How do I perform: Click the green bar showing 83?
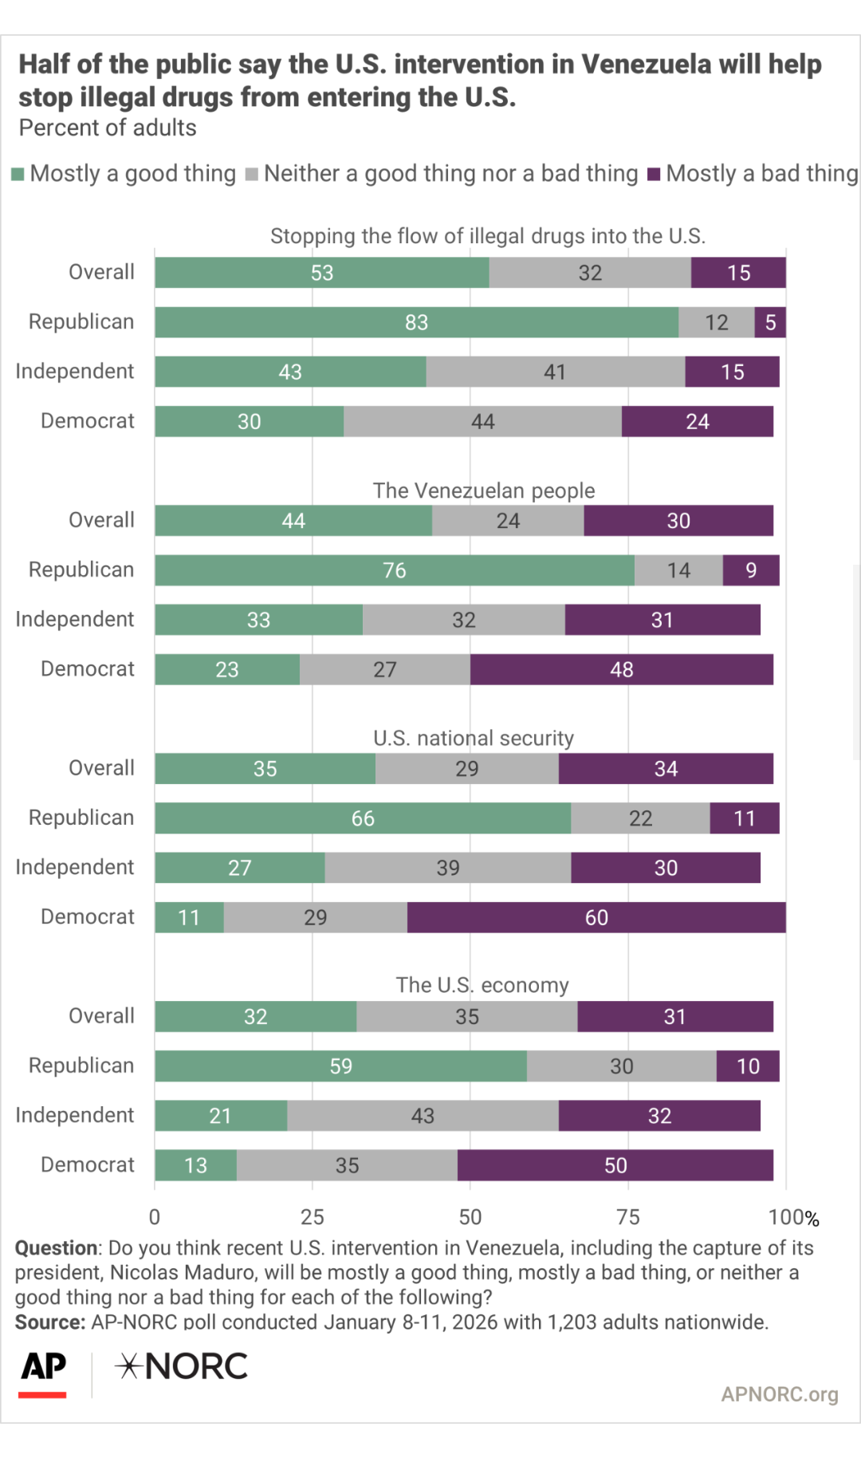point(416,322)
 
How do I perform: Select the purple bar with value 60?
point(596,917)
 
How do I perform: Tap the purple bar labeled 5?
point(770,322)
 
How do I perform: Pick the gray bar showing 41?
point(555,372)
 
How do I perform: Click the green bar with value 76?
point(395,570)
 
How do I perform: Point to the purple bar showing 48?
point(621,669)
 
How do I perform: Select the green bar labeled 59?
point(340,1066)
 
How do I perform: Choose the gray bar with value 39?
point(447,868)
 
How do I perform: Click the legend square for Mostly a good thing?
point(18,174)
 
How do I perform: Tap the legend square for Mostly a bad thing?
point(654,174)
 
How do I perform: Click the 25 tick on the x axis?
point(313,1217)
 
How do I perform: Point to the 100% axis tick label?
point(793,1217)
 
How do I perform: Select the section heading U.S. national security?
point(474,738)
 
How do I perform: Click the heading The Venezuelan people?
point(484,490)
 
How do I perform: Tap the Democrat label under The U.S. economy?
point(88,1164)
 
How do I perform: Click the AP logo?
point(43,1369)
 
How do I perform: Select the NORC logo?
point(182,1366)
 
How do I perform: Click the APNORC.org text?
point(779,1394)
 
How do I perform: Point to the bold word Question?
point(56,1248)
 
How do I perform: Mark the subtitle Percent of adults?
point(108,128)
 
